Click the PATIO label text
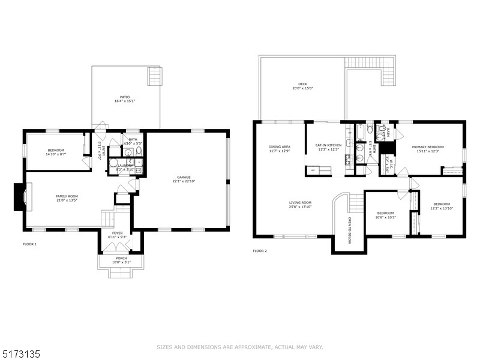tap(125, 97)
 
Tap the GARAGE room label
tap(184, 178)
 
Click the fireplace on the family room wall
tap(19, 197)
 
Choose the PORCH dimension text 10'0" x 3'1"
tap(121, 263)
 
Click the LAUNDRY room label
tap(125, 166)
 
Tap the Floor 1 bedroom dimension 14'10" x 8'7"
tap(56, 154)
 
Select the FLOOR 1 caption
tap(29, 244)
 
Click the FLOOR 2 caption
tap(260, 250)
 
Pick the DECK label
tap(303, 84)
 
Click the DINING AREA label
tap(280, 146)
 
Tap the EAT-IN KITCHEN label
tap(328, 145)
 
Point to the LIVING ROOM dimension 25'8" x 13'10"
tap(300, 207)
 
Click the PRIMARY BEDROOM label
tap(428, 146)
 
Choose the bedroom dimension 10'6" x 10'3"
tap(386, 217)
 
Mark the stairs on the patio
tap(155, 76)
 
